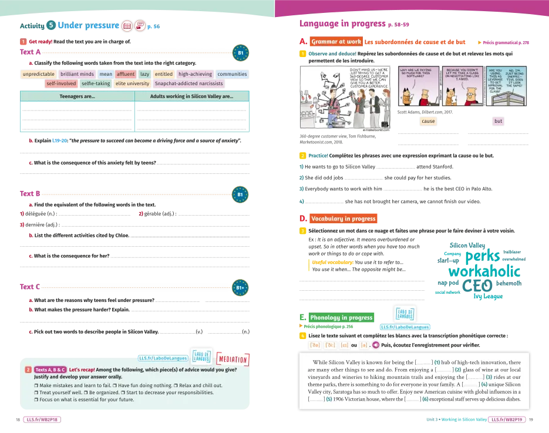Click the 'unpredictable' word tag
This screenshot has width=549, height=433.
39,75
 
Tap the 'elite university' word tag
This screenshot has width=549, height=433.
133,84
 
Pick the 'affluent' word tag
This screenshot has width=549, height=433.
126,75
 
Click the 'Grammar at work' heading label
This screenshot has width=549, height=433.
336,42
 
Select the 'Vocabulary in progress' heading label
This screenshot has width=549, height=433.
343,219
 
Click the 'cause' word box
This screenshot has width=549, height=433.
429,122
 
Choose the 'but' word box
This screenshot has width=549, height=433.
499,122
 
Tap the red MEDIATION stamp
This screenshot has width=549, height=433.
233,359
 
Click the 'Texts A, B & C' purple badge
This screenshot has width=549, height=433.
50,370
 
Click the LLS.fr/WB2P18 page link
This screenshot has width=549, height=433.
42,420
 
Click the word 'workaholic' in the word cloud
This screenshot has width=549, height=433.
484,272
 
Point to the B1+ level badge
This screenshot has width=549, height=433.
240,288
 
